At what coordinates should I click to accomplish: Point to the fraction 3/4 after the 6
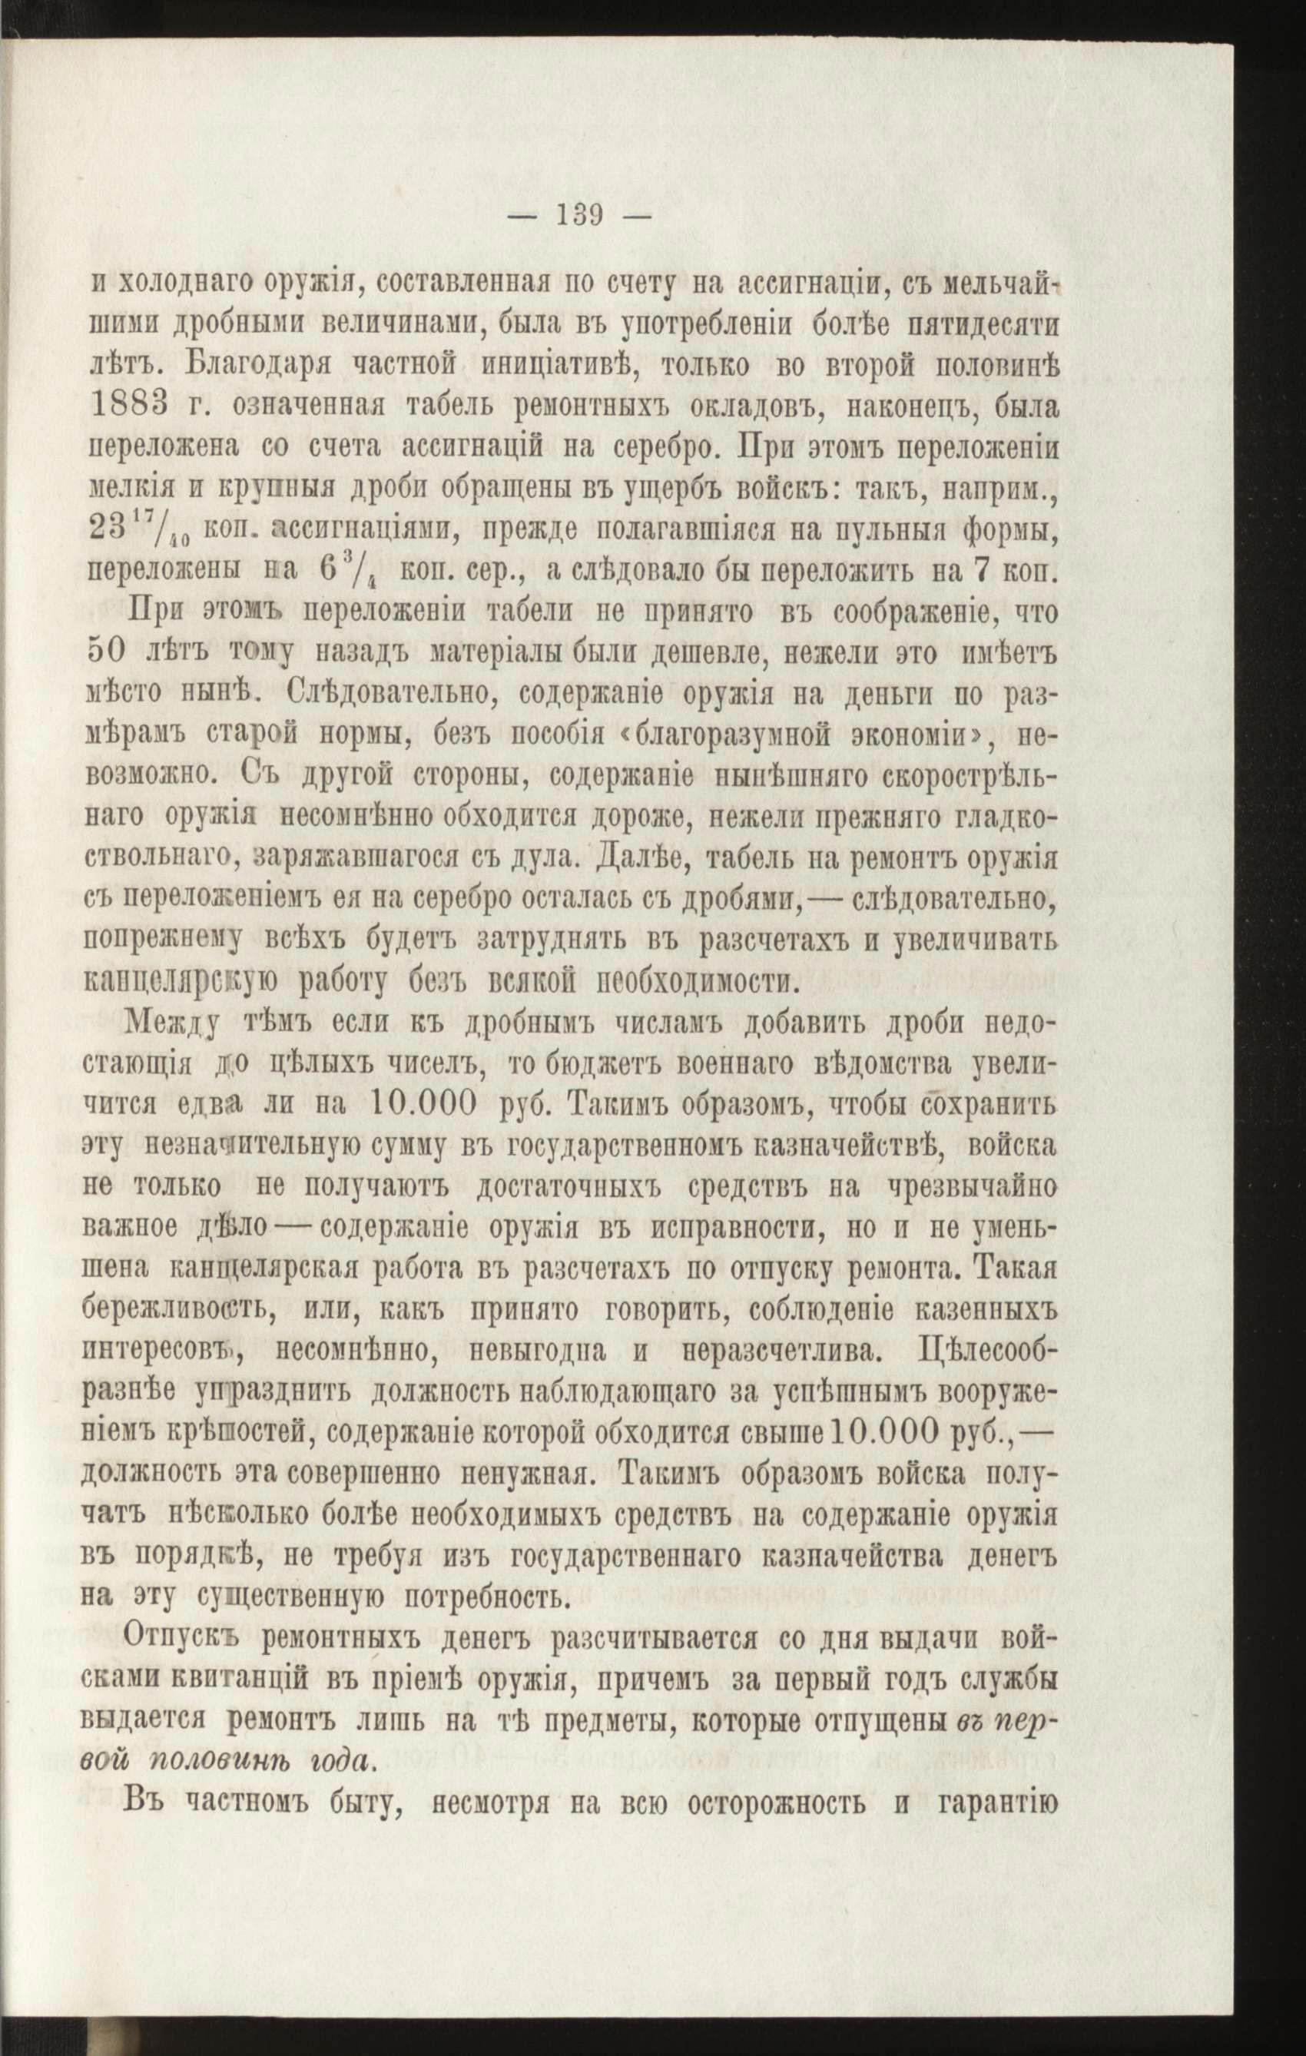(x=362, y=570)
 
